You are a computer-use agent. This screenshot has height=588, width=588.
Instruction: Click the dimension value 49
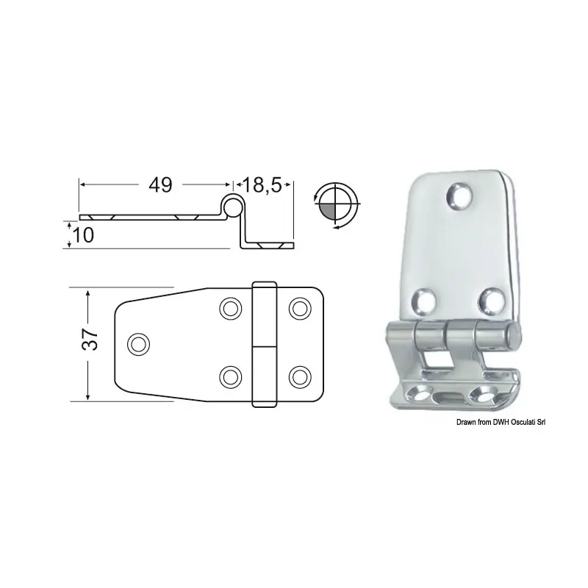pyautogui.click(x=160, y=185)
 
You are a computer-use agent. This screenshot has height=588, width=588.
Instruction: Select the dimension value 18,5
pyautogui.click(x=262, y=185)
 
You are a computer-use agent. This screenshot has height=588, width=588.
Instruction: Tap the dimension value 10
pyautogui.click(x=83, y=235)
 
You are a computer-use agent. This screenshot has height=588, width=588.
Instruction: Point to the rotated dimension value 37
pyautogui.click(x=90, y=340)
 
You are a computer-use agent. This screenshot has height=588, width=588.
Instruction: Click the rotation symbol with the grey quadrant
pyautogui.click(x=336, y=205)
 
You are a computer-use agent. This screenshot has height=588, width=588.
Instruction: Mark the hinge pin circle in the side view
pyautogui.click(x=234, y=206)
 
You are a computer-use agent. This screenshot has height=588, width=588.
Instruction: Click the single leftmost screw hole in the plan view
pyautogui.click(x=139, y=343)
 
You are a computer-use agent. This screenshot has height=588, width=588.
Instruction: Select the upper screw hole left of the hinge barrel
pyautogui.click(x=230, y=309)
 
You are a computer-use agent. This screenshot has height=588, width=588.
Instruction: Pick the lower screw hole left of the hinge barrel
pyautogui.click(x=230, y=376)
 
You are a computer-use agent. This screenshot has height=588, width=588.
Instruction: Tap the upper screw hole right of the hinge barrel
pyautogui.click(x=300, y=309)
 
